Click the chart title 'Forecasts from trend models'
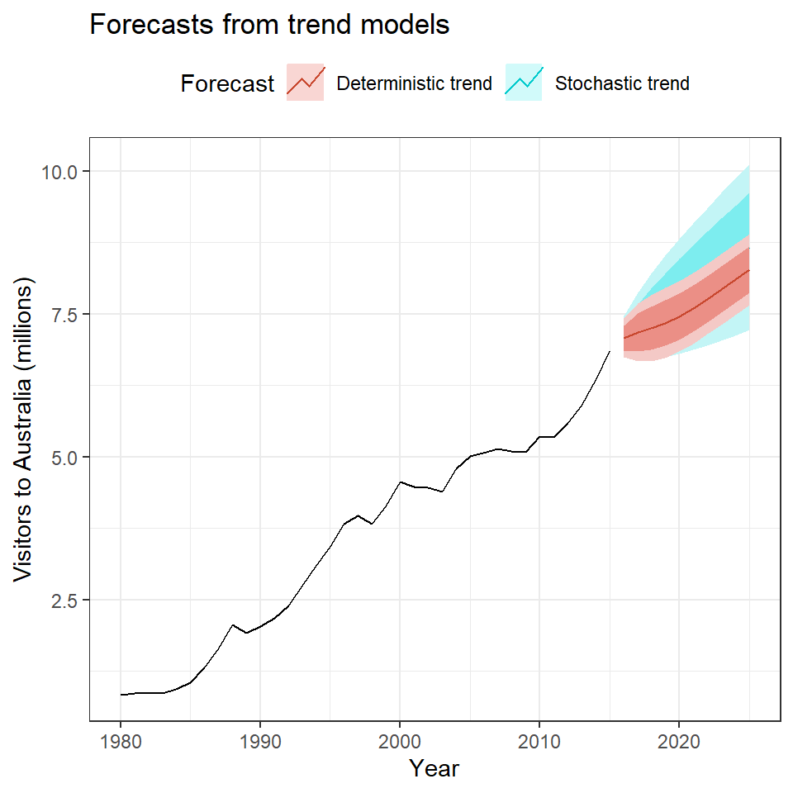268,26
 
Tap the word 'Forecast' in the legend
227,83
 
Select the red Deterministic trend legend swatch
306,83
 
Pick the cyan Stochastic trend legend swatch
524,83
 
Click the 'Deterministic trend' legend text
415,83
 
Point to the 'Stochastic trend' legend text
622,83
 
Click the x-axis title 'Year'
434,768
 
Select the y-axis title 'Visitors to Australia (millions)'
25,430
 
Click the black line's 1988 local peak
233,625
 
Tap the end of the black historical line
610,351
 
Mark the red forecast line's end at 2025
749,270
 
